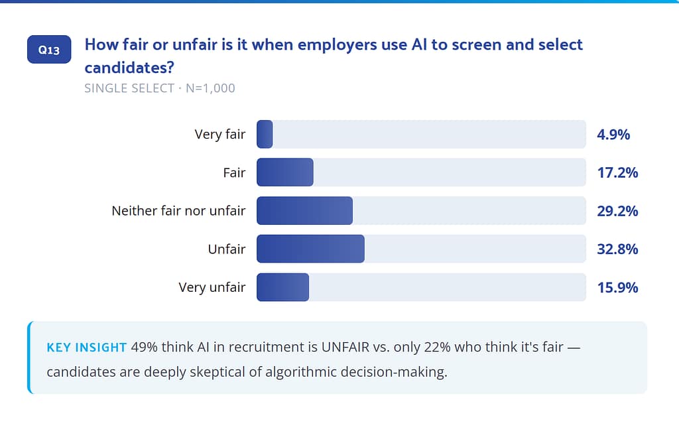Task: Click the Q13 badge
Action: coord(49,50)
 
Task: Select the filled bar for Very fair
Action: coord(265,134)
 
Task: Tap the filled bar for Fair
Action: coord(284,172)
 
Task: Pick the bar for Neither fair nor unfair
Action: coord(304,211)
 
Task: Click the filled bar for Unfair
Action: coord(310,249)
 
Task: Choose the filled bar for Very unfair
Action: coord(282,287)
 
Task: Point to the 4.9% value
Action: coord(613,135)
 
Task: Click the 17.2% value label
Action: coord(617,173)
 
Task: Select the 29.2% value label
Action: coord(617,212)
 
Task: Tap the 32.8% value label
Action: coord(617,249)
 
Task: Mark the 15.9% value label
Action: coord(617,288)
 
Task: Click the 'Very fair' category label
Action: coord(219,134)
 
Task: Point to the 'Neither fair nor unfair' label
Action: coord(178,211)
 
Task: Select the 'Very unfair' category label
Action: coord(212,287)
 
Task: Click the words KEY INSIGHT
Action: coord(86,348)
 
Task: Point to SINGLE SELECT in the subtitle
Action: coord(129,88)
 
